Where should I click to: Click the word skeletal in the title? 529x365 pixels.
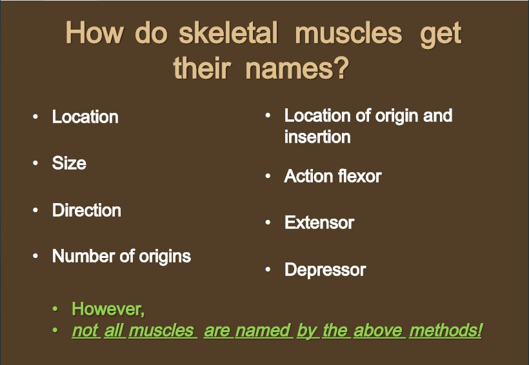[228, 33]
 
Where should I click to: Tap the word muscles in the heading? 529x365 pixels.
[348, 33]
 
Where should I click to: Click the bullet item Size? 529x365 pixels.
[69, 163]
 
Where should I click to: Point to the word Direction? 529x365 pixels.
[86, 210]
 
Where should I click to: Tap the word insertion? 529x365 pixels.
[317, 137]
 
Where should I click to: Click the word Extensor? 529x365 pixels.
[319, 222]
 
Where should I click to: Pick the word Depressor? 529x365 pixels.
[325, 270]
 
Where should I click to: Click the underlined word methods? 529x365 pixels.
[446, 330]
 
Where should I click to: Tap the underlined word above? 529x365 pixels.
[379, 330]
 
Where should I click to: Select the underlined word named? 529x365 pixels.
[264, 330]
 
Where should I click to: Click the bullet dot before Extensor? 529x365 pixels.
[268, 222]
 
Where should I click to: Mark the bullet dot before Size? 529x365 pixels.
[35, 163]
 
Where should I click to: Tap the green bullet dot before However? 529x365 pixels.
[55, 309]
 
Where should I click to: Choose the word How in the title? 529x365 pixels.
[94, 33]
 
